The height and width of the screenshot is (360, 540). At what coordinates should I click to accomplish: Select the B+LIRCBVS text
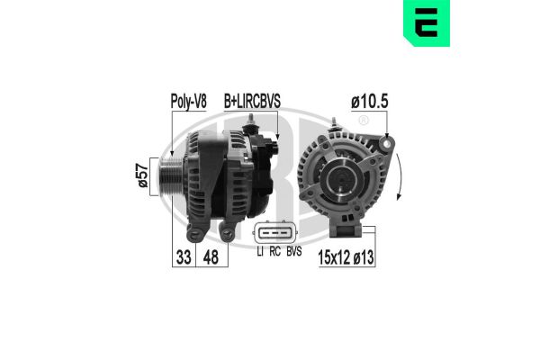(252, 103)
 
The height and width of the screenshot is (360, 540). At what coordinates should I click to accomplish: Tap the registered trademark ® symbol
(364, 121)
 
